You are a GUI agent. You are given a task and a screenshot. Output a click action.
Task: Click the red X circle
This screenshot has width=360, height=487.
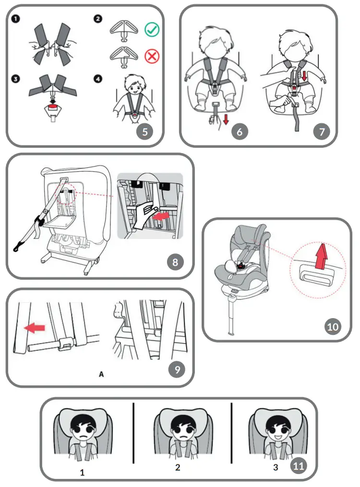tap(152, 56)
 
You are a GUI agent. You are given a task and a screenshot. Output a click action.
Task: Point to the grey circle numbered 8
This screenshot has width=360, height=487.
tap(175, 262)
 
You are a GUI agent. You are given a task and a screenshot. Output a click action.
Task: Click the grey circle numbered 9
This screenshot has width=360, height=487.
tap(177, 369)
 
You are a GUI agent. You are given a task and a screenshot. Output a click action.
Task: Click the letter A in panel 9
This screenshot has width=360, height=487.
tap(101, 374)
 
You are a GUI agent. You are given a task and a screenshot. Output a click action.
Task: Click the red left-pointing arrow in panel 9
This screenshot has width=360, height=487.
tap(34, 328)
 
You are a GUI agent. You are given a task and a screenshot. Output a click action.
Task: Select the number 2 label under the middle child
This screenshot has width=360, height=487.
tap(178, 467)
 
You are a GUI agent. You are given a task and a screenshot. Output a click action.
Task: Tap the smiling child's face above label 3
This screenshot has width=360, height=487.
tap(274, 427)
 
